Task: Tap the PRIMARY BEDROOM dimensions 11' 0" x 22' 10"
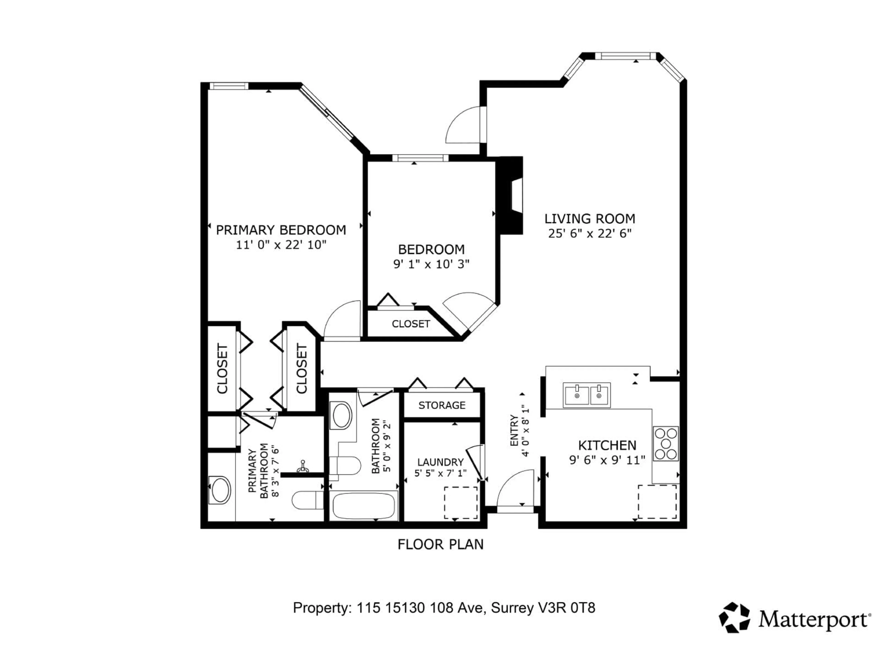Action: [x=281, y=245]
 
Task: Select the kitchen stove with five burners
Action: [x=666, y=443]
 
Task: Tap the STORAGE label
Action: [x=442, y=405]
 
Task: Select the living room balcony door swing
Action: [x=464, y=126]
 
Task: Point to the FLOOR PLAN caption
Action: [x=440, y=544]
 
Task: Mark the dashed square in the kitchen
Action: [x=657, y=502]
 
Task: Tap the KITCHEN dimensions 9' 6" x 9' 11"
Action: [x=607, y=460]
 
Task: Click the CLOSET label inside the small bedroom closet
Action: [x=411, y=324]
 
